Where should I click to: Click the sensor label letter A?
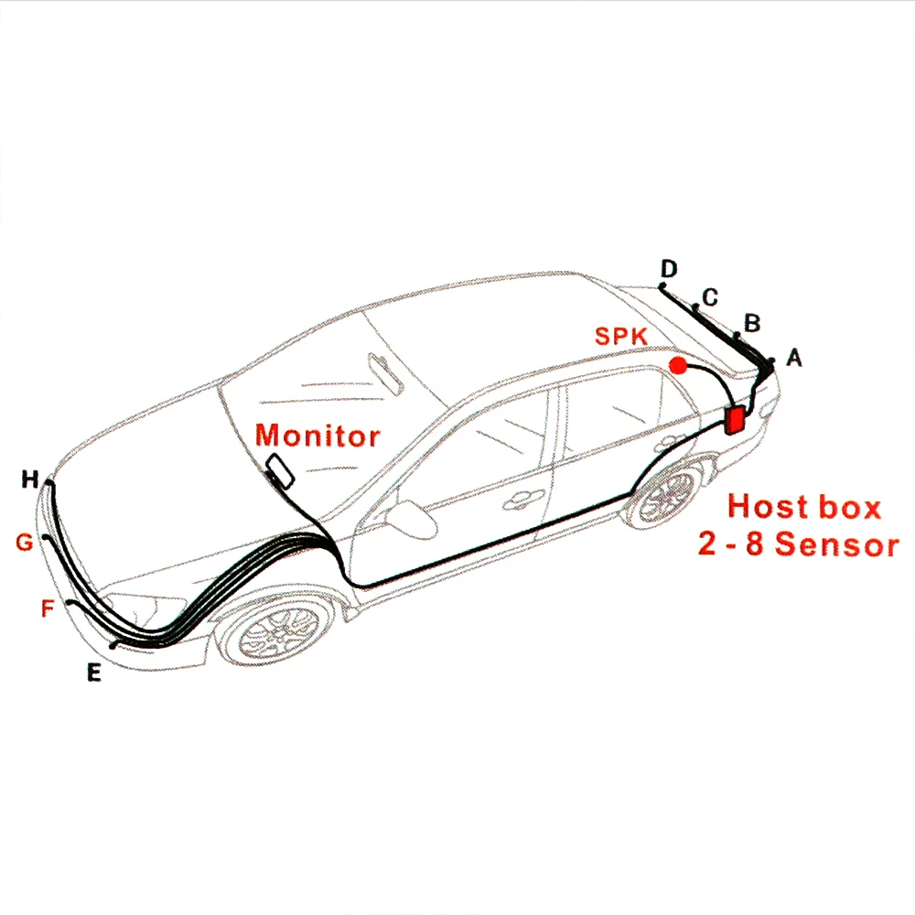tap(794, 357)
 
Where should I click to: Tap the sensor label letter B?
tap(752, 323)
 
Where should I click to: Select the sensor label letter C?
tap(710, 297)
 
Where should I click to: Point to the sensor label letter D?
tap(669, 268)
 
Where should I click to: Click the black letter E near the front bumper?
tap(94, 673)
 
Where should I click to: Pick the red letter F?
tap(48, 608)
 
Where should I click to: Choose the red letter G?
tap(25, 542)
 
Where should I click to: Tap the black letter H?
tap(30, 479)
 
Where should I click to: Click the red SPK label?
tap(621, 336)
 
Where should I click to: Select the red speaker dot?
tap(678, 366)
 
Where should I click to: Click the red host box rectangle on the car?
tap(735, 420)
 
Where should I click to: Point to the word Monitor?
tap(318, 436)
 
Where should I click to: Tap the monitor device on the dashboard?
tap(280, 470)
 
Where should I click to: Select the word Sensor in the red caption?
tap(837, 544)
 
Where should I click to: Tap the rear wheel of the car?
tap(666, 497)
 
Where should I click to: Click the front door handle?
tap(522, 500)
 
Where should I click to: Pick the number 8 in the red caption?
tap(754, 544)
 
